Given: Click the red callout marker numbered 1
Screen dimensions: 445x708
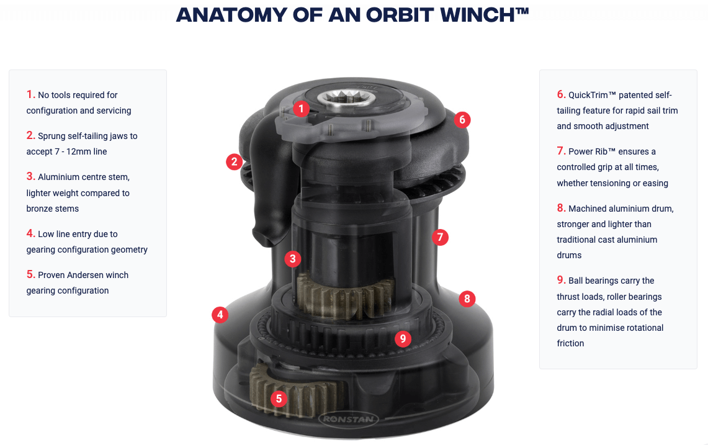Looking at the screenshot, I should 301,109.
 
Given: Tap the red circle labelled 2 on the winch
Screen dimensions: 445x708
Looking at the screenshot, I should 234,163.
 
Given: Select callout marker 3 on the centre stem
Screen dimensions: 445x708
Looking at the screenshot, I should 293,259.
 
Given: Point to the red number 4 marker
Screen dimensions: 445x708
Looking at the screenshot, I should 220,315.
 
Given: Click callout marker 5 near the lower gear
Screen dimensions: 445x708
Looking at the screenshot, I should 279,398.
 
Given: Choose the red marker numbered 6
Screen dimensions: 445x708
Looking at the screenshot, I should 462,120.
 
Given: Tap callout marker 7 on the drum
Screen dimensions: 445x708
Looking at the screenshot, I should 439,236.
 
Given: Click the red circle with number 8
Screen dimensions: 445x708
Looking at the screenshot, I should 467,299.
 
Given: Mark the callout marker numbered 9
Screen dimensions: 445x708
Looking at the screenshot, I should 403,338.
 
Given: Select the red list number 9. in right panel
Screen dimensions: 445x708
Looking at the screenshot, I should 561,280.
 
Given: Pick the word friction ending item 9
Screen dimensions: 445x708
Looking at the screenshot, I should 570,343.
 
